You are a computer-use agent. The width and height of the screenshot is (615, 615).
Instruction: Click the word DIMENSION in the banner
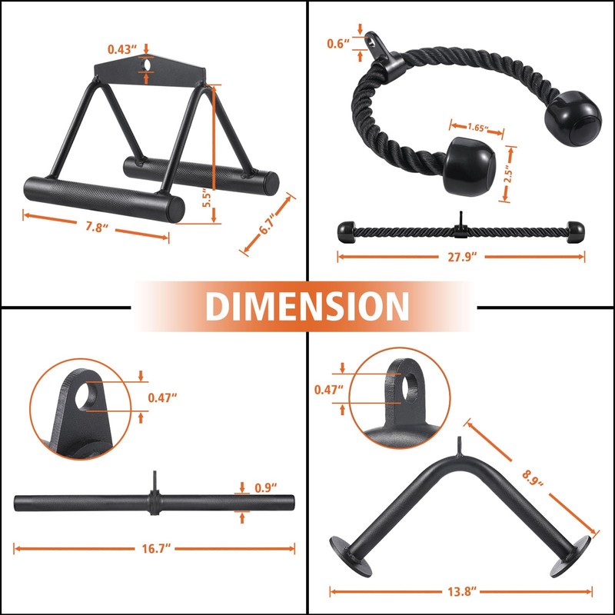pyautogui.click(x=307, y=306)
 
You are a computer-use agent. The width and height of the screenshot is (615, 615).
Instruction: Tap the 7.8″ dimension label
pyautogui.click(x=96, y=228)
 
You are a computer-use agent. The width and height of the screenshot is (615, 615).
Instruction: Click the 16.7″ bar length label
pyautogui.click(x=155, y=548)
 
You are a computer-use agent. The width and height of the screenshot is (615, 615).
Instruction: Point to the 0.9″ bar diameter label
pyautogui.click(x=266, y=487)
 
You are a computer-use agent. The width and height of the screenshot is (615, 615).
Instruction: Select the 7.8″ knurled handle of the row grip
pyautogui.click(x=104, y=197)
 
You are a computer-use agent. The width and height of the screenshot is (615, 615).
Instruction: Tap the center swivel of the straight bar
pyautogui.click(x=155, y=504)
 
